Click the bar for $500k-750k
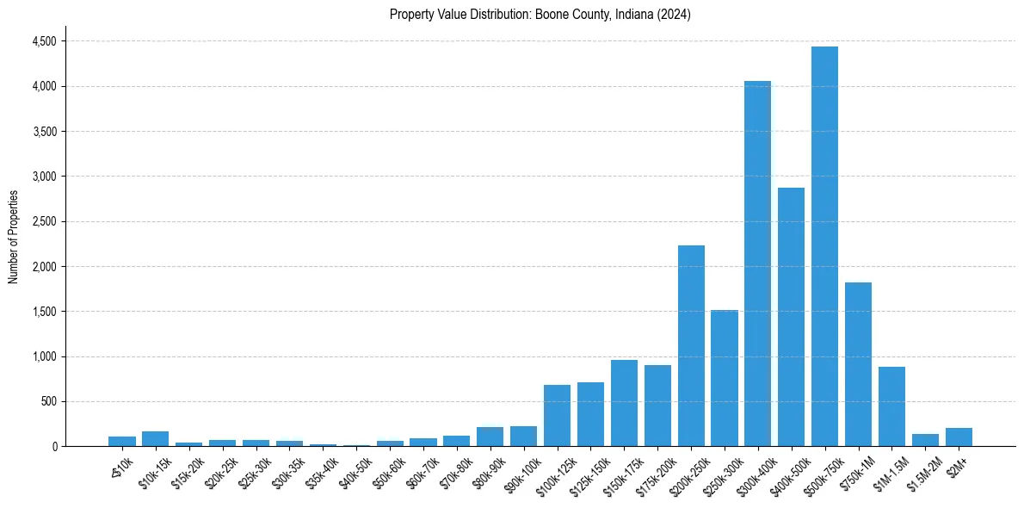pos(824,246)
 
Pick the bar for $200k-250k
pos(691,345)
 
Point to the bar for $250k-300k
pos(725,378)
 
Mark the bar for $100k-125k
pos(557,415)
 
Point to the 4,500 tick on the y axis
pos(43,41)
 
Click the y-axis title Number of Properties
pos(13,237)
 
